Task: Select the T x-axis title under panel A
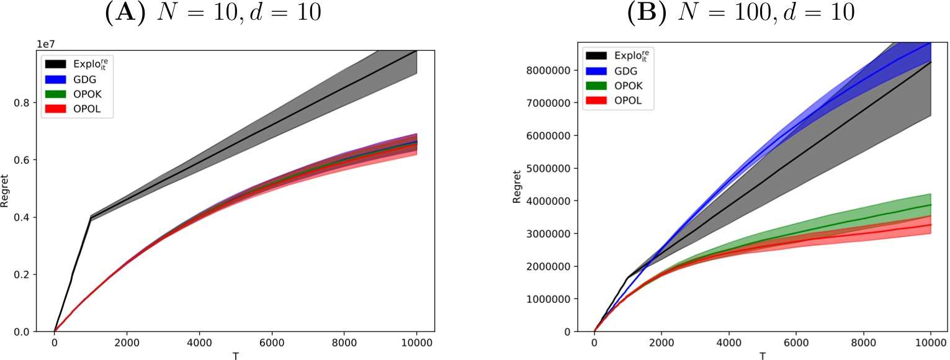click(x=235, y=356)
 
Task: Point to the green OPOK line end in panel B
click(x=930, y=205)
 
